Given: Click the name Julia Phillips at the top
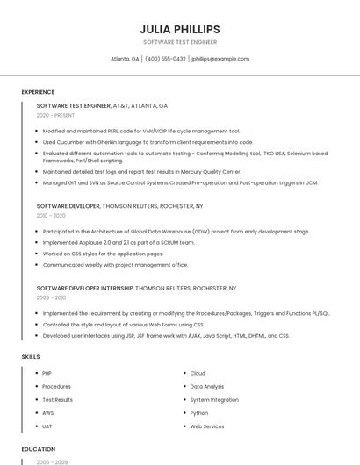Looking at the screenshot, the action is pos(179,29).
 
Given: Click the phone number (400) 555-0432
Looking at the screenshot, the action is pos(165,59).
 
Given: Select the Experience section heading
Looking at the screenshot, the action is pos(38,91).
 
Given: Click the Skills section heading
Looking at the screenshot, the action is pos(31,357).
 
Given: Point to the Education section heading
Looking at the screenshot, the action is pos(39,449).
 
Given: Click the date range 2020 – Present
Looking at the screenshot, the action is pos(55,116).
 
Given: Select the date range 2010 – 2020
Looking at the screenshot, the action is pos(51,215).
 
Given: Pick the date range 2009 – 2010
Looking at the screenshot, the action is pos(51,297).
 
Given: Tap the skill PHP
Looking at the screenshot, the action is pos(47,373).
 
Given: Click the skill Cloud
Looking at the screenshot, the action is pos(198,373).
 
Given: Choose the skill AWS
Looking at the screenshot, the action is pos(48,412).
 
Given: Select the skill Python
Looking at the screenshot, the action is pos(199,412).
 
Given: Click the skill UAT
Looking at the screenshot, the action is pos(47,426).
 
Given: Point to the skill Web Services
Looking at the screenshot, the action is pos(207,426).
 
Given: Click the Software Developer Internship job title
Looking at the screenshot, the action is pos(85,288).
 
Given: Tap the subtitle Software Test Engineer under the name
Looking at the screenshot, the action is pos(179,42).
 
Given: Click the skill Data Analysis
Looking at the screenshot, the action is pos(207,386).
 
